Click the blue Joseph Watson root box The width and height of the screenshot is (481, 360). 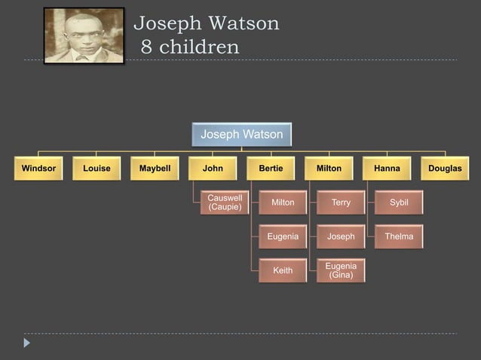pos(241,135)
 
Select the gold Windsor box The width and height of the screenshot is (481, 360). pos(38,169)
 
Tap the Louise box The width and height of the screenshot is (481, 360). pos(97,169)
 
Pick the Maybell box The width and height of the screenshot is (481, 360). pos(155,169)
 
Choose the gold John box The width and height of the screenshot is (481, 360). pos(213,169)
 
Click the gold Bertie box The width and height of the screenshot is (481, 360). pos(271,169)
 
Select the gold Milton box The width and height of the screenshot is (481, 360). pos(329,169)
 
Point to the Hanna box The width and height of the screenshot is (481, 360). pos(387,169)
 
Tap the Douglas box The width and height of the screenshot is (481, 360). pos(445,169)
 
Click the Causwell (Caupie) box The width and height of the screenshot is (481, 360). pos(225,203)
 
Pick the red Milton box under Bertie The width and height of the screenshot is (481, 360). pos(283,203)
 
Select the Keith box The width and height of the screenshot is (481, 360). pos(283,270)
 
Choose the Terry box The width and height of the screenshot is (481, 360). pos(341,203)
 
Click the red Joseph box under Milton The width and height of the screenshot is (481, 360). pos(341,236)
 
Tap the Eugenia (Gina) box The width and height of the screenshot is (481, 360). pos(341,270)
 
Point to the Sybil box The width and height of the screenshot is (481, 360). pos(399,203)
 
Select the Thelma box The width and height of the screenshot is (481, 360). pos(399,236)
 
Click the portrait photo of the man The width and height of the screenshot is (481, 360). pos(84,35)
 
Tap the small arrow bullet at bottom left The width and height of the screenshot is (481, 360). pos(27,343)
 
